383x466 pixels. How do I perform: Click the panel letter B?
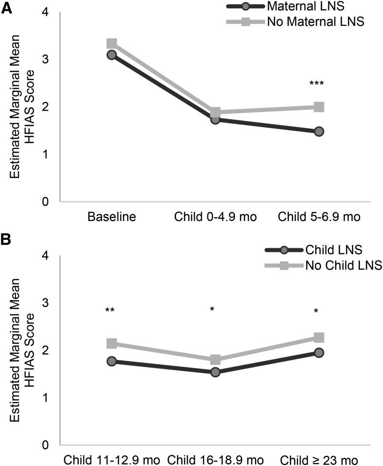(x=6, y=240)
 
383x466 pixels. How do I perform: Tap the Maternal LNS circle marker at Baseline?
(x=112, y=55)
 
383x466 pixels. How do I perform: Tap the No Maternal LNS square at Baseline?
(x=112, y=44)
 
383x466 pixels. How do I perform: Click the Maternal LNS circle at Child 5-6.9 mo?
(x=319, y=132)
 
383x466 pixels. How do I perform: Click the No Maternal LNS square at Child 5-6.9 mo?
(x=319, y=107)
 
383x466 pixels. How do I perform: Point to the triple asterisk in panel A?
(x=317, y=84)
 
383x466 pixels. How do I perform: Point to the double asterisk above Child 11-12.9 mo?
(x=111, y=311)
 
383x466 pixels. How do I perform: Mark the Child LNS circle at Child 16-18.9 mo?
(x=215, y=372)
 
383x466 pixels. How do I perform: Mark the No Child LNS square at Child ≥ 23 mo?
(x=319, y=338)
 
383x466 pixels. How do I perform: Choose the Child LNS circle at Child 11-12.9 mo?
(x=112, y=361)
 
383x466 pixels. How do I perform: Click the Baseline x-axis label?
(x=112, y=217)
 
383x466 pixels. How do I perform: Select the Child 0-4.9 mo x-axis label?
(x=215, y=217)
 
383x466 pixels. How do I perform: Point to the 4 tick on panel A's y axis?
(x=49, y=12)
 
